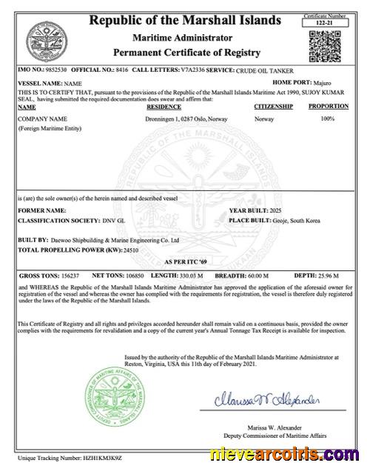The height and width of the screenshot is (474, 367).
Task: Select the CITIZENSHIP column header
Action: pos(273,107)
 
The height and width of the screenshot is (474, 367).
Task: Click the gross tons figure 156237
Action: pos(68,275)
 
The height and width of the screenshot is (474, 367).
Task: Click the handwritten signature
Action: pos(268,399)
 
